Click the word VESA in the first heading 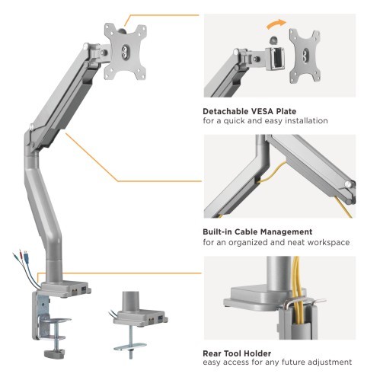tap(262, 111)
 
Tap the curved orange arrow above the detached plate tap(276, 24)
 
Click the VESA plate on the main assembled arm tap(125, 51)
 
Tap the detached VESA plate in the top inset tap(305, 56)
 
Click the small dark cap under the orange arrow tap(273, 40)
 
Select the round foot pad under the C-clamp tap(54, 353)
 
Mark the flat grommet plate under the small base tap(130, 346)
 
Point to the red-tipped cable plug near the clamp tap(21, 254)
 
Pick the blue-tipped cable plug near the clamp tap(26, 254)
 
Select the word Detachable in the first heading tap(225, 111)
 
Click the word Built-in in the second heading tap(217, 232)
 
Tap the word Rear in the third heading tap(212, 353)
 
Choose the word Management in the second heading tap(286, 232)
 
